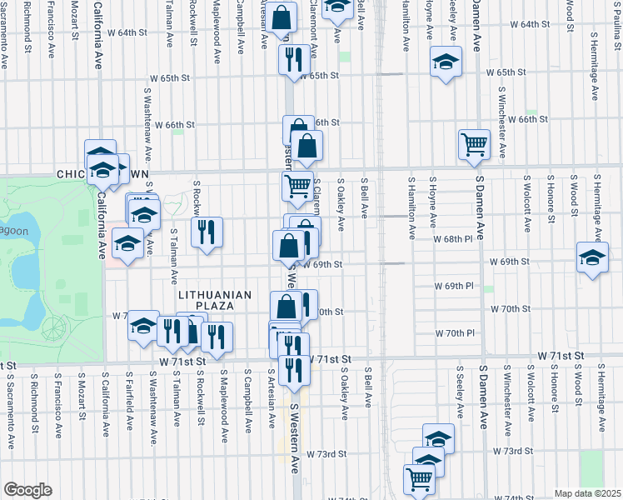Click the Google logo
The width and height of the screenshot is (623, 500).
click(27, 490)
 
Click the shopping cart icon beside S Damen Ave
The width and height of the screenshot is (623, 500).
click(474, 144)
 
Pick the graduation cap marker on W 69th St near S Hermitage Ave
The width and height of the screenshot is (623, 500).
click(591, 257)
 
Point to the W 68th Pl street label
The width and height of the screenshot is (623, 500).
click(453, 239)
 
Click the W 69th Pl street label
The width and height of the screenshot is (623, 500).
click(453, 286)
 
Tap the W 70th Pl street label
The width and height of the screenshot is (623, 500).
click(454, 333)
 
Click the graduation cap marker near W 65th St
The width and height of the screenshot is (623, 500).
click(446, 62)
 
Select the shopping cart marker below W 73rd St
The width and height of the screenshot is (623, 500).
click(419, 478)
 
